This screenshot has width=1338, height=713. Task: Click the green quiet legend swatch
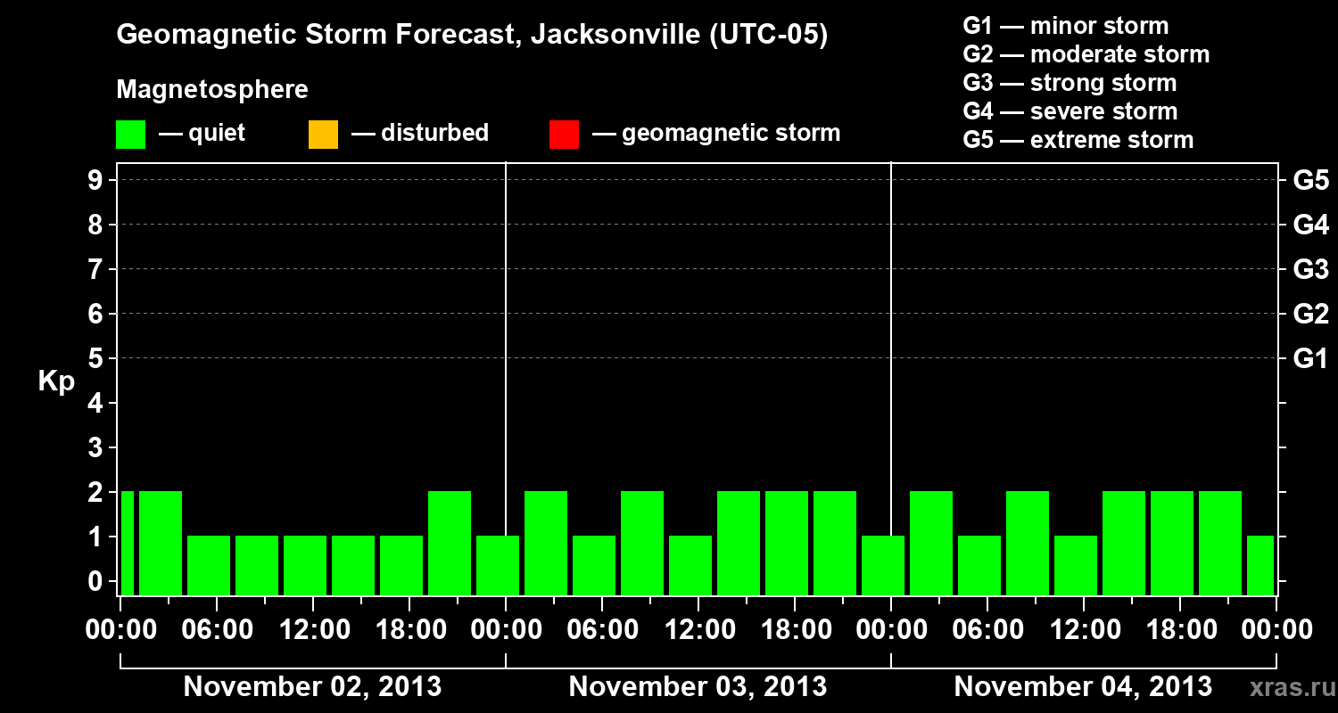pos(130,134)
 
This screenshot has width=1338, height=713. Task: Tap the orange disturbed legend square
pos(323,134)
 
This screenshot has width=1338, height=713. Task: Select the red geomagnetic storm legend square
pos(564,134)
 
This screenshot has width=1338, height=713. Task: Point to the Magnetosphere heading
pos(212,90)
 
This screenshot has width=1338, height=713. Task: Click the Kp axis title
pos(56,381)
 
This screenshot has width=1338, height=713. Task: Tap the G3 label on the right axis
pos(1310,269)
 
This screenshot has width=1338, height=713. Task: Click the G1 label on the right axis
pos(1310,358)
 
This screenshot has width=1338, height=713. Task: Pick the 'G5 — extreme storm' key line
pos(1078,140)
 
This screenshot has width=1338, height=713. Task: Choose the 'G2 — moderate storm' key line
pos(1086,54)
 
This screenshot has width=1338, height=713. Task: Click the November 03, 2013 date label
pos(698,686)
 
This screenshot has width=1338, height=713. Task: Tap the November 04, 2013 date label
pos(1083,686)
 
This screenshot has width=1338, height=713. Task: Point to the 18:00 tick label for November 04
pos(1179,629)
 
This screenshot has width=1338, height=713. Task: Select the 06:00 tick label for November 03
pos(601,629)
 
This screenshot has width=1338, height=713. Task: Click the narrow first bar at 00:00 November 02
pos(127,542)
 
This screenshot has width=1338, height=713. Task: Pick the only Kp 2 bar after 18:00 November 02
pos(450,542)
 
